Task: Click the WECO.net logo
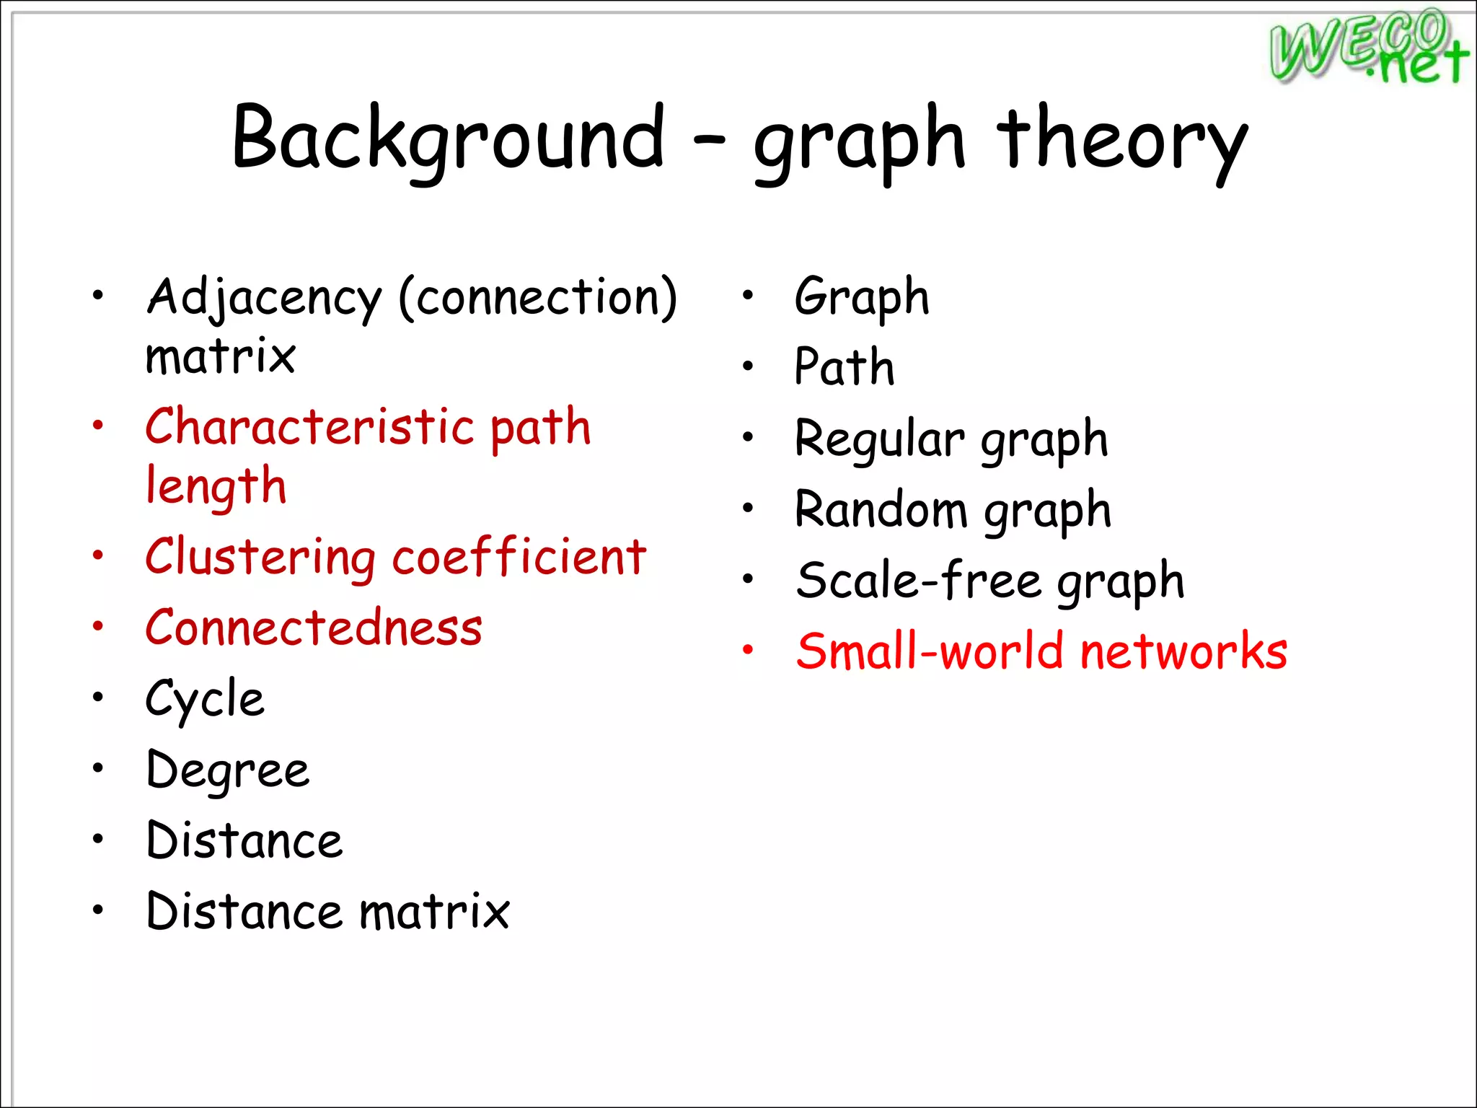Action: click(1368, 47)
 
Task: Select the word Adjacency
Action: click(264, 297)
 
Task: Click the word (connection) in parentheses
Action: click(538, 297)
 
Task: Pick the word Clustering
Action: click(260, 558)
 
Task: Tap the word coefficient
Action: click(519, 556)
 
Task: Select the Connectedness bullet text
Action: click(314, 627)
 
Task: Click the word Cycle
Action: click(205, 699)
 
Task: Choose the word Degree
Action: click(228, 770)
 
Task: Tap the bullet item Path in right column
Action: click(844, 366)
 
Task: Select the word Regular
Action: click(879, 438)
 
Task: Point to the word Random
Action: click(881, 509)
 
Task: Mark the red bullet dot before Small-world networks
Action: click(748, 650)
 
